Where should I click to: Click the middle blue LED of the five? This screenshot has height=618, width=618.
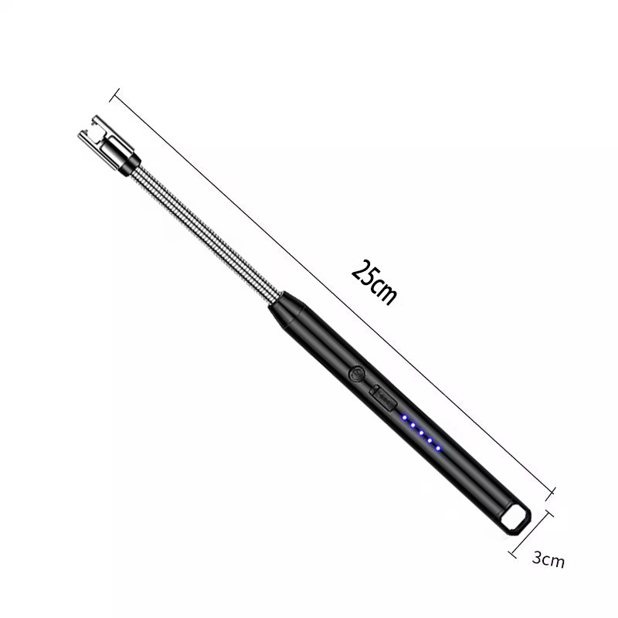click(422, 433)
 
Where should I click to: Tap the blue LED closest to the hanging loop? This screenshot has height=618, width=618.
click(438, 449)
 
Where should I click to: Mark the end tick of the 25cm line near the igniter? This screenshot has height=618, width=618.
click(117, 96)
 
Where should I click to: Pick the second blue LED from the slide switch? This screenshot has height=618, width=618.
click(413, 426)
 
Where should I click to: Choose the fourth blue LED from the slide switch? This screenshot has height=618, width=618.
click(430, 441)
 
